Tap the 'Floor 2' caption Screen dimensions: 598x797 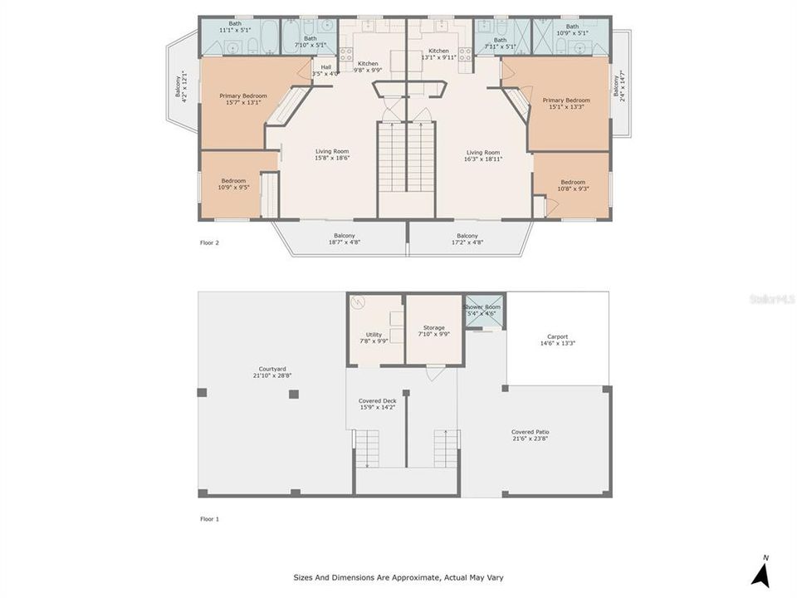tap(209, 243)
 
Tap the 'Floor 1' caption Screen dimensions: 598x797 tap(209, 518)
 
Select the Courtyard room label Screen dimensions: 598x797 tap(272, 372)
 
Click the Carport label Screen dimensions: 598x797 tap(557, 340)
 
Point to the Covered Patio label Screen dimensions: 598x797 tap(530, 434)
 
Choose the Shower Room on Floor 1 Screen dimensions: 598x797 tap(482, 310)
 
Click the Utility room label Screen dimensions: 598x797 tap(374, 337)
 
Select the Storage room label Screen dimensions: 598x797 tap(433, 331)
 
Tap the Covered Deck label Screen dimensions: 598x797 tap(377, 404)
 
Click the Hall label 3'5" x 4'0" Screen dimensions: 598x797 tap(325, 71)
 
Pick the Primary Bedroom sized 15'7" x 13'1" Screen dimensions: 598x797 tap(243, 99)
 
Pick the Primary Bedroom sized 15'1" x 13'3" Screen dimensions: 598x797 tap(566, 103)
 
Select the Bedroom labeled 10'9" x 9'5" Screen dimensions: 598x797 tap(233, 184)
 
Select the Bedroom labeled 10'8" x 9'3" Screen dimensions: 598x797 tap(573, 185)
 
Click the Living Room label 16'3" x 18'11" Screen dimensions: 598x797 tap(483, 155)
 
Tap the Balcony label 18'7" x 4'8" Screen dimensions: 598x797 tap(345, 238)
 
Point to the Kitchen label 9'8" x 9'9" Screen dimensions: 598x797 tap(368, 67)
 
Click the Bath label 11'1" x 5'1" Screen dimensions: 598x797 tap(236, 27)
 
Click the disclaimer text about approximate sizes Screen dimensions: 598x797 tap(398, 577)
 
